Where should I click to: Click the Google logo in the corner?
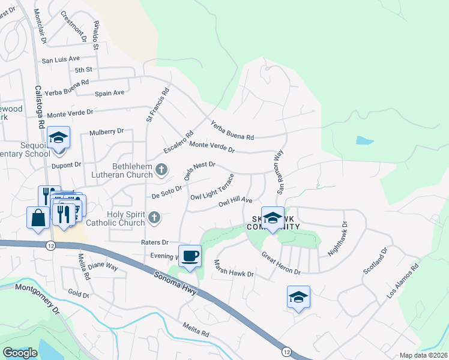click(20, 353)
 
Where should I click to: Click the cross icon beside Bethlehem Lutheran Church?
click(161, 170)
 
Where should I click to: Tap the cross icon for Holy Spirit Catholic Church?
click(155, 218)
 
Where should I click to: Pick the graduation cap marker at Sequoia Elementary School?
click(59, 139)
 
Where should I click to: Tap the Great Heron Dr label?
click(280, 263)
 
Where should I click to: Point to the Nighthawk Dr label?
click(337, 239)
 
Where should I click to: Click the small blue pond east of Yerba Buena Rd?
click(364, 140)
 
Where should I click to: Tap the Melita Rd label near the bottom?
click(196, 331)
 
